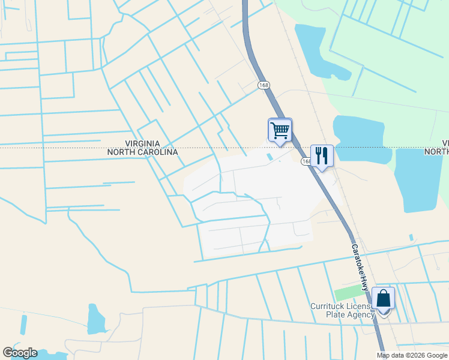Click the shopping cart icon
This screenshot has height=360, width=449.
(x=280, y=130)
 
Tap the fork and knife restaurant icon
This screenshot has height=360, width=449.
(x=322, y=156)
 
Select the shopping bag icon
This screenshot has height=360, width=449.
(x=383, y=299)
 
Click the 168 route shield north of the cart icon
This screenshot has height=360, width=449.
(x=264, y=85)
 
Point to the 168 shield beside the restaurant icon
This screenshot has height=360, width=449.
(x=306, y=161)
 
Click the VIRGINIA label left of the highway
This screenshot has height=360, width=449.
(x=142, y=144)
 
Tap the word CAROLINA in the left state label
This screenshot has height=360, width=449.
(x=158, y=152)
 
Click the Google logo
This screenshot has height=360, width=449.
(x=20, y=353)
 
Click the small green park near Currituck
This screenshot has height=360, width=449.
(x=346, y=294)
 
